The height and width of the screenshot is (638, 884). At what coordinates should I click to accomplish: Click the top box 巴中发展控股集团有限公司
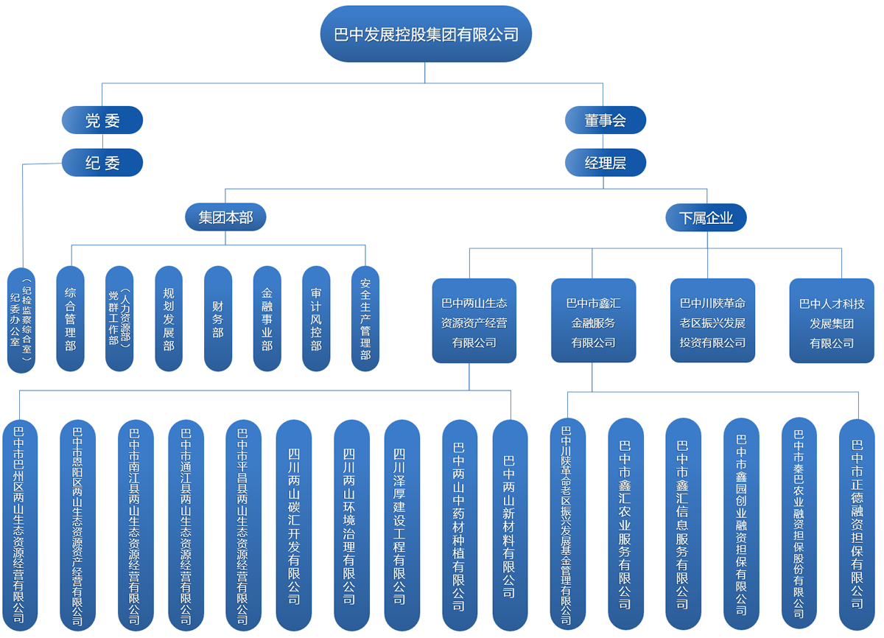(426, 34)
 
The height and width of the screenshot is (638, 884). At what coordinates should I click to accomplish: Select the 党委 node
(102, 120)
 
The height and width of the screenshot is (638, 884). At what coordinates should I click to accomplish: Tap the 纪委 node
(102, 163)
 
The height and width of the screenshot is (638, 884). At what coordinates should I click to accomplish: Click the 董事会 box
(605, 120)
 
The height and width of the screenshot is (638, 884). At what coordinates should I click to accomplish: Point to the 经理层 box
(605, 163)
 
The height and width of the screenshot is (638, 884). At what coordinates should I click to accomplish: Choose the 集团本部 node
(225, 217)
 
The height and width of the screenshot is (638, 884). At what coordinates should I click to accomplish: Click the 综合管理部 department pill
(71, 318)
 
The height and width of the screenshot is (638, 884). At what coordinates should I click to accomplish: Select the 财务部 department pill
(218, 318)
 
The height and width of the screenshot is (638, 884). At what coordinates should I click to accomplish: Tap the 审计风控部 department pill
(316, 318)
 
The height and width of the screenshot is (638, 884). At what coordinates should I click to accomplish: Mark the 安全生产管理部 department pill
(365, 318)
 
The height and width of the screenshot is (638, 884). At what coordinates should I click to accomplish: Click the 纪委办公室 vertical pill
(21, 320)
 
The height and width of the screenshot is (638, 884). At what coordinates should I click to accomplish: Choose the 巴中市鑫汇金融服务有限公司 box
(593, 321)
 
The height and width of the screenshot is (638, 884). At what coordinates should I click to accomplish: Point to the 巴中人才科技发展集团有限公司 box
(832, 321)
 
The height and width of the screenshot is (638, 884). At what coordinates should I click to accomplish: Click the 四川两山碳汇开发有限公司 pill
(294, 525)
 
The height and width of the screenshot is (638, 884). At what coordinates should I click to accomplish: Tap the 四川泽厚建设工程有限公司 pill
(401, 525)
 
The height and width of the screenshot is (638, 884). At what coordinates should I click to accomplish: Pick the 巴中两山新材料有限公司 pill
(510, 525)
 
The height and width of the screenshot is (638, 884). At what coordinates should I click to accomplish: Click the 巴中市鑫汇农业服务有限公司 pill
(625, 525)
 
